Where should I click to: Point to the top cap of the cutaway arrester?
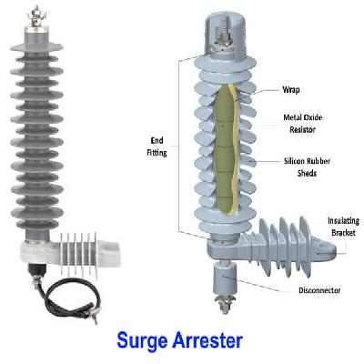pos(223,27)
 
